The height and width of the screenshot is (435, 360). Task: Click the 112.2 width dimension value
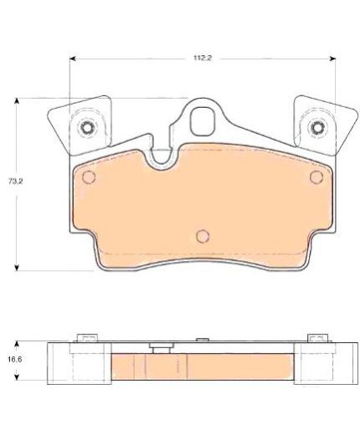coord(203,58)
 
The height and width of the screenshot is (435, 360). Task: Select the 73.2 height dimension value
coord(15,182)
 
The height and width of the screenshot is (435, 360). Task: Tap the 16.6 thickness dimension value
coord(15,360)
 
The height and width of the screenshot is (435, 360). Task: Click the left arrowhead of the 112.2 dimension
coord(73,59)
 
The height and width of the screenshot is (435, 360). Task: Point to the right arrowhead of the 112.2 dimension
coord(332,59)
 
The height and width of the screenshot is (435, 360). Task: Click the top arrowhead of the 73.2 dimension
coord(17,101)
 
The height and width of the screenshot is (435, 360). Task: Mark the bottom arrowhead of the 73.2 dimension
coord(17,267)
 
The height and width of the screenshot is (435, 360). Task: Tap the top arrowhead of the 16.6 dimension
coord(17,344)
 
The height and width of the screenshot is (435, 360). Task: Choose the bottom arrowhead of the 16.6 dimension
coord(17,376)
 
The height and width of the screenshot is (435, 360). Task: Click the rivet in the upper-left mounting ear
coord(86,127)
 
